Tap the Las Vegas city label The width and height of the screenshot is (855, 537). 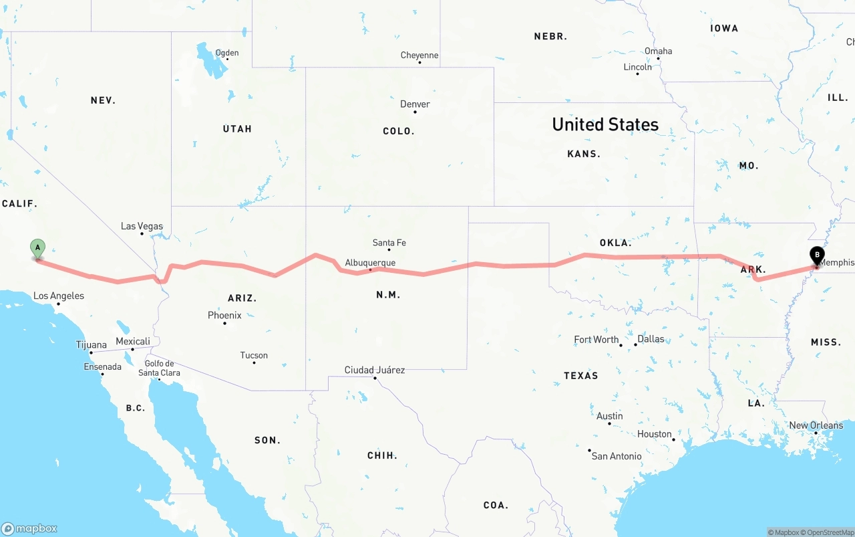pyautogui.click(x=142, y=226)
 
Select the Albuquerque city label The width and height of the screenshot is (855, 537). pyautogui.click(x=370, y=263)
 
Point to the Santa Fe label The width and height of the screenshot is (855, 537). pyautogui.click(x=389, y=243)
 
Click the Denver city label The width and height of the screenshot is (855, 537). pyautogui.click(x=415, y=104)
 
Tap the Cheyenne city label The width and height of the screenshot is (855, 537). pyautogui.click(x=419, y=56)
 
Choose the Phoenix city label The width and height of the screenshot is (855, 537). pyautogui.click(x=224, y=315)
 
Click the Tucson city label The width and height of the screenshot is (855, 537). pyautogui.click(x=254, y=355)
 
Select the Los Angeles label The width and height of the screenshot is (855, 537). pyautogui.click(x=59, y=296)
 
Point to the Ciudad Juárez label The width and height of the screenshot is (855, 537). pyautogui.click(x=374, y=370)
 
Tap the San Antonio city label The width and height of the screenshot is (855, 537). pyautogui.click(x=617, y=456)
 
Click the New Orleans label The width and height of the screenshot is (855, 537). pyautogui.click(x=816, y=425)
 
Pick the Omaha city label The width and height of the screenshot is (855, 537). pyautogui.click(x=658, y=51)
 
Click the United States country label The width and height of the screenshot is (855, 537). pyautogui.click(x=605, y=124)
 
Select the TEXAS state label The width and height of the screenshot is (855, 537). pyautogui.click(x=580, y=376)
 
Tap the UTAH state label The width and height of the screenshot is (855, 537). pyautogui.click(x=237, y=128)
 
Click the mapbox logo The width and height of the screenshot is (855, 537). pyautogui.click(x=29, y=528)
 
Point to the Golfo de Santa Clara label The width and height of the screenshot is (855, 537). pyautogui.click(x=159, y=368)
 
